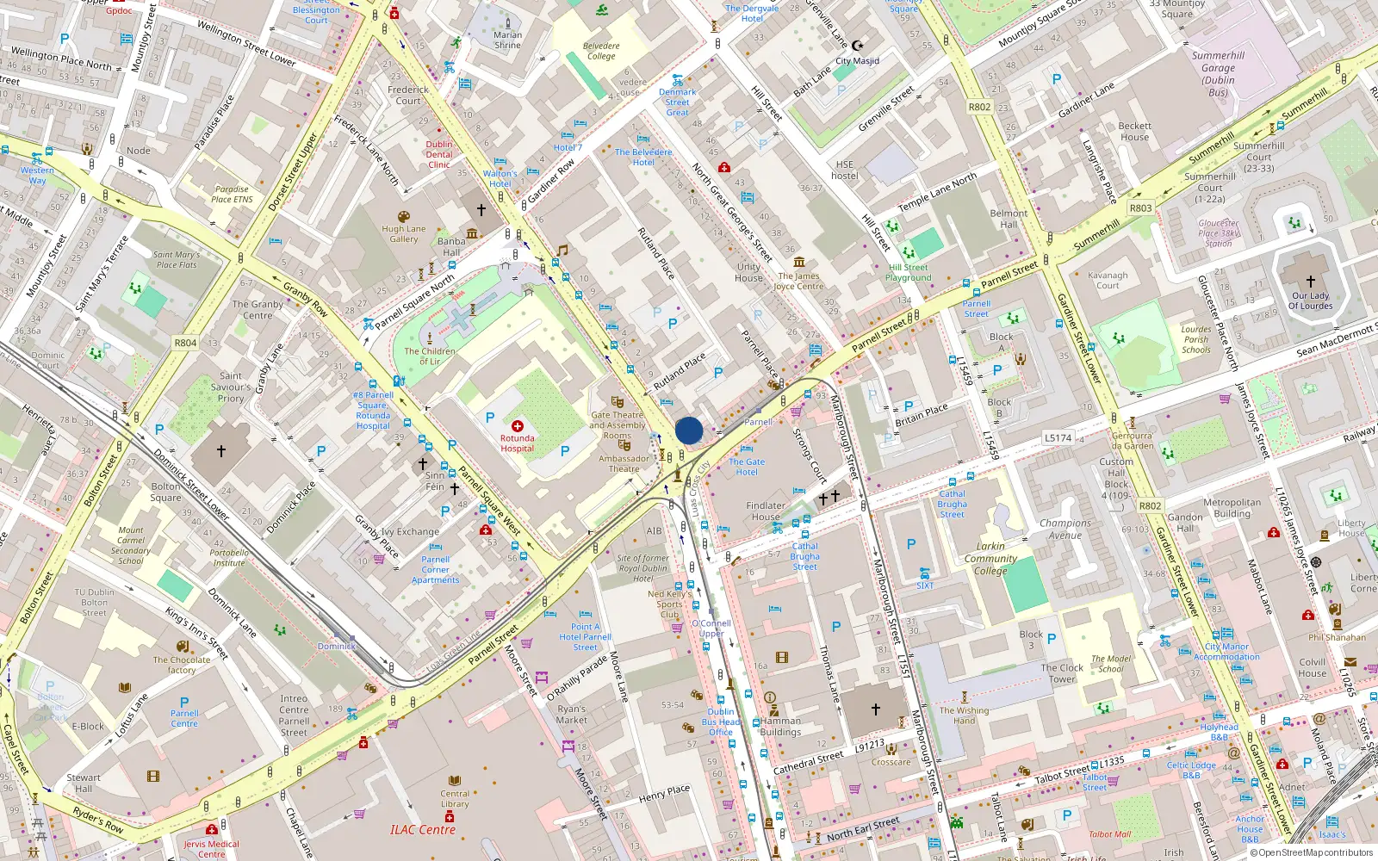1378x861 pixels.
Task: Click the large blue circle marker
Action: click(689, 430)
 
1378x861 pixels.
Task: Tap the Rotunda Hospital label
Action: click(517, 443)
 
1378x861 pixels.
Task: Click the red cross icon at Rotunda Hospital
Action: click(518, 426)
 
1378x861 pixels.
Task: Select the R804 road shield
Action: click(185, 343)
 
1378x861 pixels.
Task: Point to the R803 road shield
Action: click(1140, 208)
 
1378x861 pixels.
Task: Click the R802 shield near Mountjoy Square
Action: click(979, 107)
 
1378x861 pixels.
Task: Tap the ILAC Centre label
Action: click(422, 830)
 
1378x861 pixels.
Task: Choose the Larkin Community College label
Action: click(990, 558)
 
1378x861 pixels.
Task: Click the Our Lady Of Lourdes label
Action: click(1310, 300)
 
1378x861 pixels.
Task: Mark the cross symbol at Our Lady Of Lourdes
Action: click(1310, 282)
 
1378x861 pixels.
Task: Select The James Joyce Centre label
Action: click(798, 281)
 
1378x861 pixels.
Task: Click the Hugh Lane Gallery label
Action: click(403, 234)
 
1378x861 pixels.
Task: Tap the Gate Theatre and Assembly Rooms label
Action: click(618, 424)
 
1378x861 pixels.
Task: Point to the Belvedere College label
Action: click(601, 51)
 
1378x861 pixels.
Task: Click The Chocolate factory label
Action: click(182, 665)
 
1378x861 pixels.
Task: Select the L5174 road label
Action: click(1058, 438)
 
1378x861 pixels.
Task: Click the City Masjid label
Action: click(857, 61)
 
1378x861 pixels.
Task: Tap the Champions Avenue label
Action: click(1065, 529)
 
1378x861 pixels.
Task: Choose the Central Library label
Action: click(455, 799)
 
